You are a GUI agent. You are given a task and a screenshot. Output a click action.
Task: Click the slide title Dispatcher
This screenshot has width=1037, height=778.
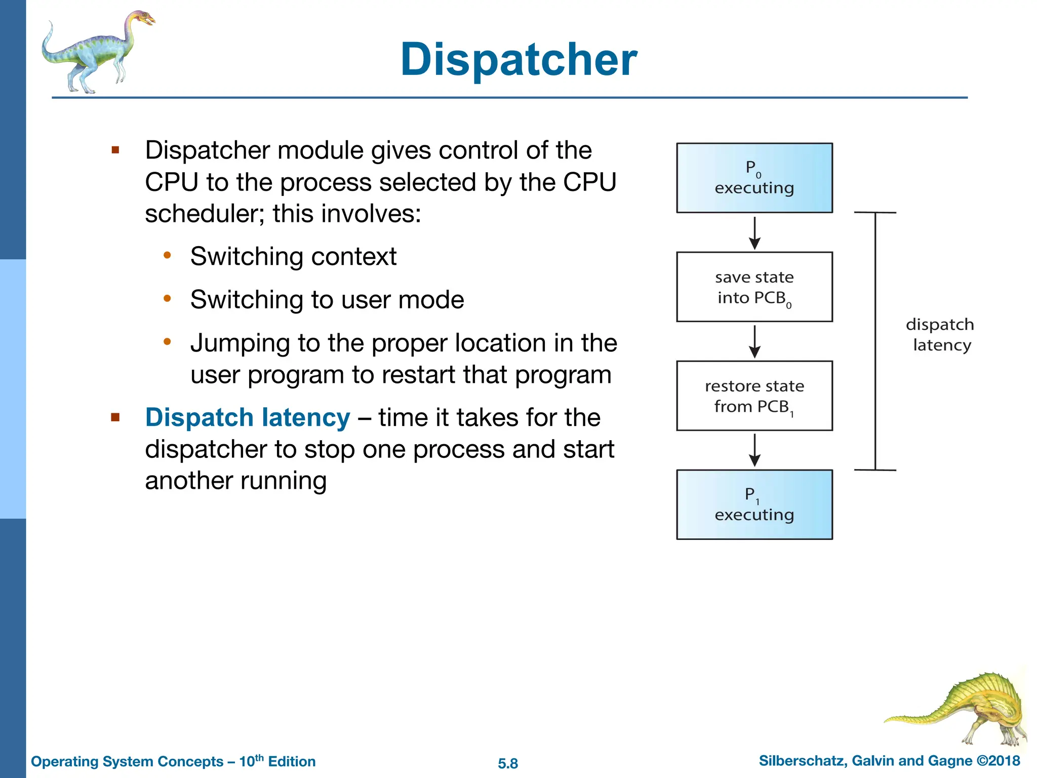(x=518, y=60)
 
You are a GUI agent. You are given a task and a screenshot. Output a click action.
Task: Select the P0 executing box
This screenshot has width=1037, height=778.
(x=754, y=178)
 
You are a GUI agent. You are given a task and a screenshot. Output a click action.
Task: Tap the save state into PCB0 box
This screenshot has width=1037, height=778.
(x=754, y=287)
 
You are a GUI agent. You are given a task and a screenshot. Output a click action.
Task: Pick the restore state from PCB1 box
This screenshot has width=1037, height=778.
(x=754, y=396)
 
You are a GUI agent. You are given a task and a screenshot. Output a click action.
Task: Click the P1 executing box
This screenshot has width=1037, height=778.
(x=754, y=504)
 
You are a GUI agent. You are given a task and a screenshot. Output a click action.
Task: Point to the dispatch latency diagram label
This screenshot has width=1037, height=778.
(x=940, y=335)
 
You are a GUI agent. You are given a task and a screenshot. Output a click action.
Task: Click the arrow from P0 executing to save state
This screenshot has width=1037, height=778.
(x=754, y=233)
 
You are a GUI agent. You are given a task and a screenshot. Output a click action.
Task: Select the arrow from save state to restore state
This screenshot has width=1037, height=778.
(x=754, y=342)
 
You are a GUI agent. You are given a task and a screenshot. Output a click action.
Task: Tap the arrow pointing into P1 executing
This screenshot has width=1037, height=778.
(x=754, y=450)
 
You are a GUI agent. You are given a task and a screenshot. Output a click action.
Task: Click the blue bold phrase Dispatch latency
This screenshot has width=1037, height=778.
(x=247, y=418)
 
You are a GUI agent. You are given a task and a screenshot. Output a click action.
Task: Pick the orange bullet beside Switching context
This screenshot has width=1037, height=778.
(x=167, y=255)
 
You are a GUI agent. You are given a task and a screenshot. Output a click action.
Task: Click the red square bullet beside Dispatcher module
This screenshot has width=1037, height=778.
(x=115, y=150)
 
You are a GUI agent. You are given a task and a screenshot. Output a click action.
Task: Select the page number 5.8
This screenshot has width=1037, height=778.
(x=507, y=763)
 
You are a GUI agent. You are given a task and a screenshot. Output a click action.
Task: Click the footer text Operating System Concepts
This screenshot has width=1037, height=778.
(x=127, y=761)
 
